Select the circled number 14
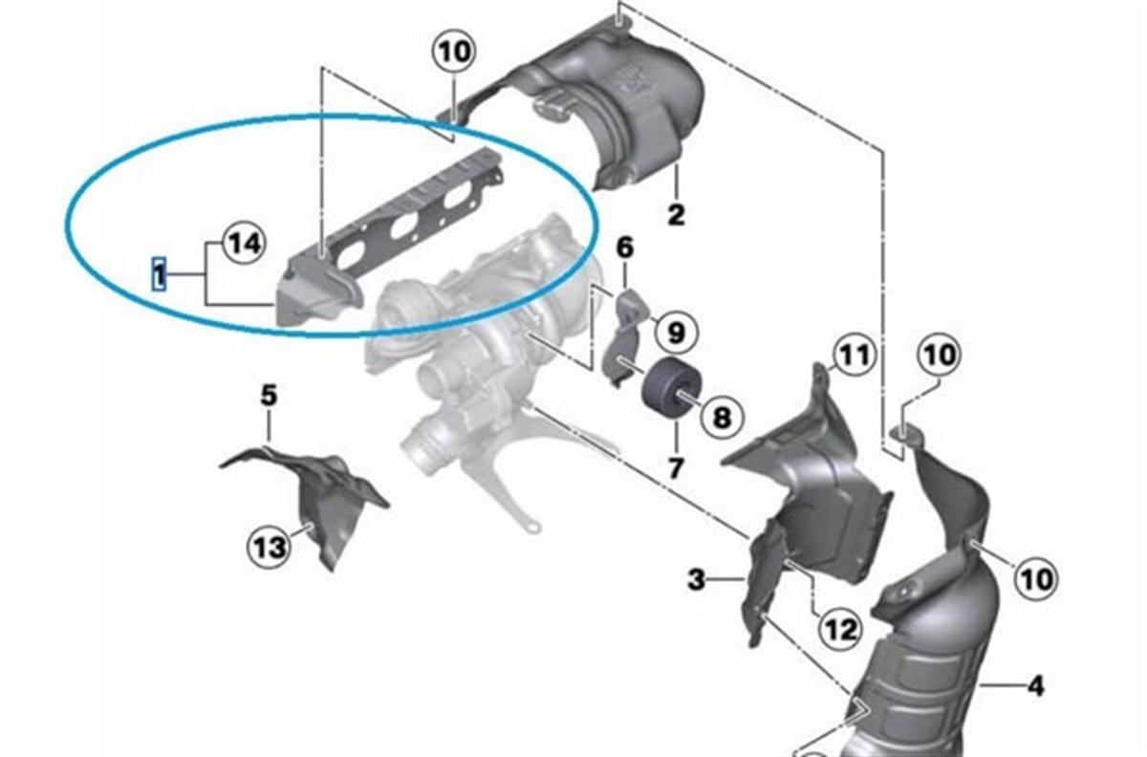[x=245, y=246]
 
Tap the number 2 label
[x=676, y=214]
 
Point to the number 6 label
[x=624, y=249]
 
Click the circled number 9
[x=675, y=332]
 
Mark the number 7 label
[x=676, y=468]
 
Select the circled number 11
[x=852, y=357]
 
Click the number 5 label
[x=269, y=394]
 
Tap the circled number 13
[x=270, y=548]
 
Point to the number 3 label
[x=697, y=578]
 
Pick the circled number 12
[x=837, y=629]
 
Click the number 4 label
[x=1035, y=684]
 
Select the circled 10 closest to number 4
[x=1036, y=578]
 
